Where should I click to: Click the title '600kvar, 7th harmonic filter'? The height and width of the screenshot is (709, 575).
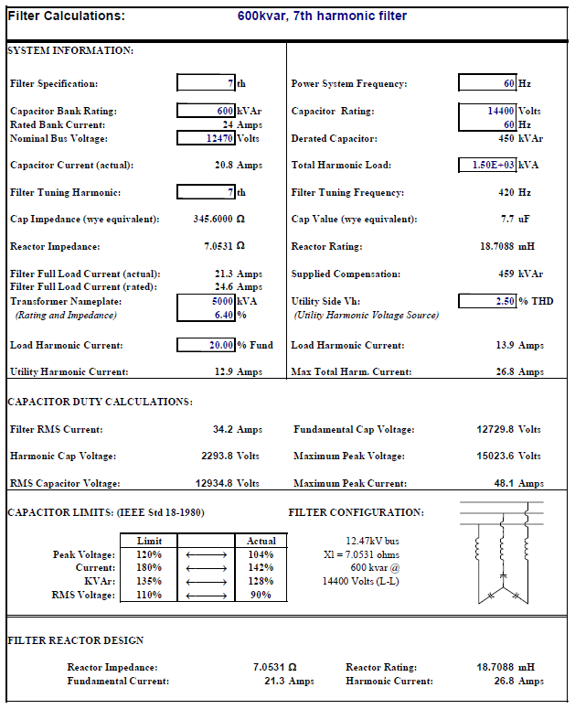tap(322, 16)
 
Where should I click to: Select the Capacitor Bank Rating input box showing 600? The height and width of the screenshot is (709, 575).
tap(207, 112)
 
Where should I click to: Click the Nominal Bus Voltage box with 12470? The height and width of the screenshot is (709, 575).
tap(207, 139)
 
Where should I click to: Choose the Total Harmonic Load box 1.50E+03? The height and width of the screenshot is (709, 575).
tap(487, 166)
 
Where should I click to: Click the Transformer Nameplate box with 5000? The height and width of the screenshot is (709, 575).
tap(207, 301)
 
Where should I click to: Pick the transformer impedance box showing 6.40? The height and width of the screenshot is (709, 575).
tap(207, 315)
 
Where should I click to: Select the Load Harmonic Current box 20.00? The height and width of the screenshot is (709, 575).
tap(207, 346)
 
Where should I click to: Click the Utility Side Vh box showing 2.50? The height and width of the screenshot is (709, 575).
tap(487, 301)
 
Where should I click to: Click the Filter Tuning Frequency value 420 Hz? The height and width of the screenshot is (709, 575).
tap(515, 193)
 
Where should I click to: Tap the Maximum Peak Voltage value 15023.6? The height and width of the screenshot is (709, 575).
tap(509, 457)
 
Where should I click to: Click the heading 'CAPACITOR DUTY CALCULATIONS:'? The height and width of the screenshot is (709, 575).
tap(100, 402)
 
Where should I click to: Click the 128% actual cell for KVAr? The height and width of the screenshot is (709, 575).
tap(261, 582)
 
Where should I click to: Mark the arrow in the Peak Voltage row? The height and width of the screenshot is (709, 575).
tap(206, 555)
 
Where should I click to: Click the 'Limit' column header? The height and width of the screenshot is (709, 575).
tap(149, 542)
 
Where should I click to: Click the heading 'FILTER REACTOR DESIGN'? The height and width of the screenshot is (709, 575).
tap(76, 641)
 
